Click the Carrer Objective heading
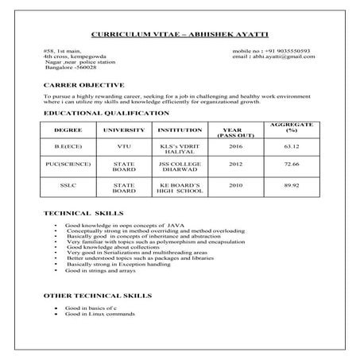(83, 83)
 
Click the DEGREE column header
(68, 130)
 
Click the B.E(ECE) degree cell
(68, 147)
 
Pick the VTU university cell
(124, 147)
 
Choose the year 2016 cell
(235, 147)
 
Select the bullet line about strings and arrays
(99, 272)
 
